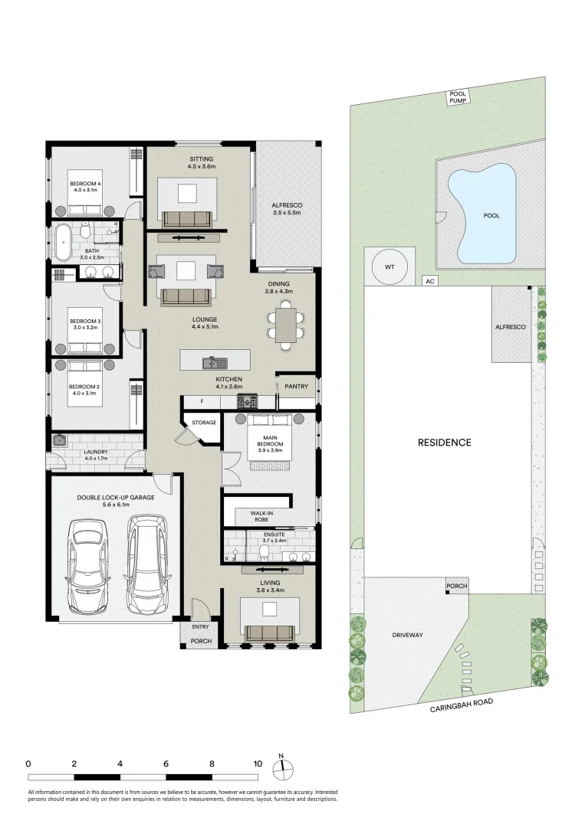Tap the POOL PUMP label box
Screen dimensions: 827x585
point(458,96)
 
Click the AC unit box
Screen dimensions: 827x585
point(430,281)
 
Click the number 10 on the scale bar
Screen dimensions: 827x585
point(258,763)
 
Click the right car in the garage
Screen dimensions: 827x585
point(146,557)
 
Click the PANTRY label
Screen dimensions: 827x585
point(296,387)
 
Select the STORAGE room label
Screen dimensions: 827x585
point(204,422)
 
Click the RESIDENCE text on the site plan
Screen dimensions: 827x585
point(444,443)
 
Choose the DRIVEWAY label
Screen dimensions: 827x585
point(408,636)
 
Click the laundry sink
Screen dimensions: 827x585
point(59,440)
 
